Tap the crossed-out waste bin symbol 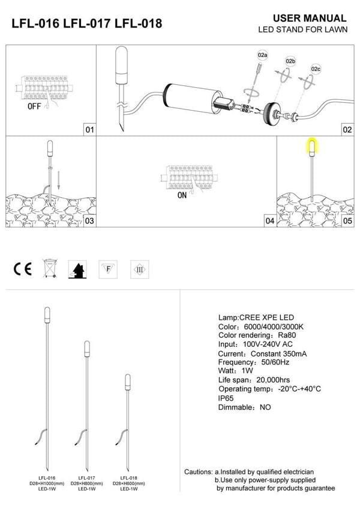(x=49, y=268)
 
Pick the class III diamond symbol (x=139, y=268)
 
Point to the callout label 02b (x=290, y=61)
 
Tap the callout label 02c (x=316, y=69)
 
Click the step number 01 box (x=89, y=130)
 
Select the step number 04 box (x=269, y=221)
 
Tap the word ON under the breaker (x=182, y=195)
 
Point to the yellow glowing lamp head (x=312, y=146)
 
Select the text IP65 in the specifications (x=227, y=398)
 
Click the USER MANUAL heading (x=309, y=19)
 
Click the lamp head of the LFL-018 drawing (x=127, y=381)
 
